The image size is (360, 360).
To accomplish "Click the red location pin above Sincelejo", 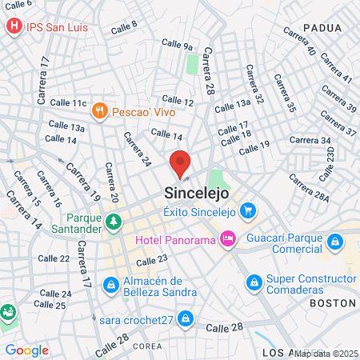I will click(x=180, y=162).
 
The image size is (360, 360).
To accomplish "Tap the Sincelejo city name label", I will click(x=197, y=193).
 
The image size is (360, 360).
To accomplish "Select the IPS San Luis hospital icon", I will click(x=14, y=27).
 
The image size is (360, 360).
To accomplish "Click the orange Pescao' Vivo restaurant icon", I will click(x=99, y=111).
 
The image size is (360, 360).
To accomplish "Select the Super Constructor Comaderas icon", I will click(x=254, y=282).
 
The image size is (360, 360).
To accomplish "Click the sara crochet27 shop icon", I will click(x=186, y=319).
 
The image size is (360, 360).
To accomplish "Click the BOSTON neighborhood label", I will click(x=331, y=303).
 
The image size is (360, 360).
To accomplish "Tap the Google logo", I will click(x=26, y=350).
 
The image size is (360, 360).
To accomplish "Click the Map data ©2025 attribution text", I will click(x=326, y=353).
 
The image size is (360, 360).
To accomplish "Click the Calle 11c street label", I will click(x=67, y=103).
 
